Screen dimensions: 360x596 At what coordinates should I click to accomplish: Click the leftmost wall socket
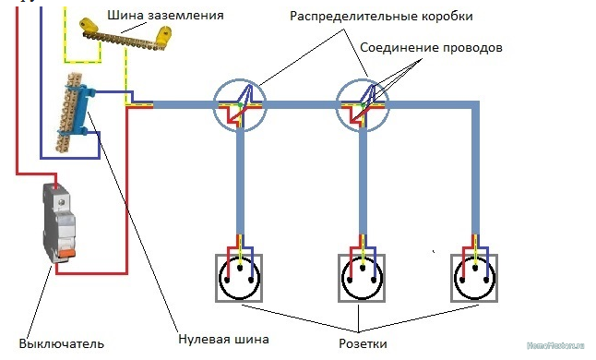pos(242,274)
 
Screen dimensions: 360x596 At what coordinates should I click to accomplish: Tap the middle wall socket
pos(360,274)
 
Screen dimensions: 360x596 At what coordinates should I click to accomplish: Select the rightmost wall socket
pos(476,274)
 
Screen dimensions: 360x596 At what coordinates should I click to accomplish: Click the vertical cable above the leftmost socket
pos(241,185)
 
